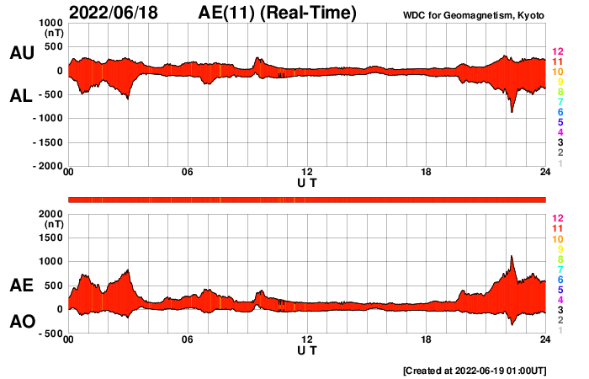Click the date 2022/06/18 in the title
(115, 13)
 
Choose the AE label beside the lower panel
(21, 286)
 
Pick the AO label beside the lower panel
(21, 322)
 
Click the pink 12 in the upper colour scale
(557, 51)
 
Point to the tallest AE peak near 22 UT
(512, 256)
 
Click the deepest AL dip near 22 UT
(512, 111)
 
